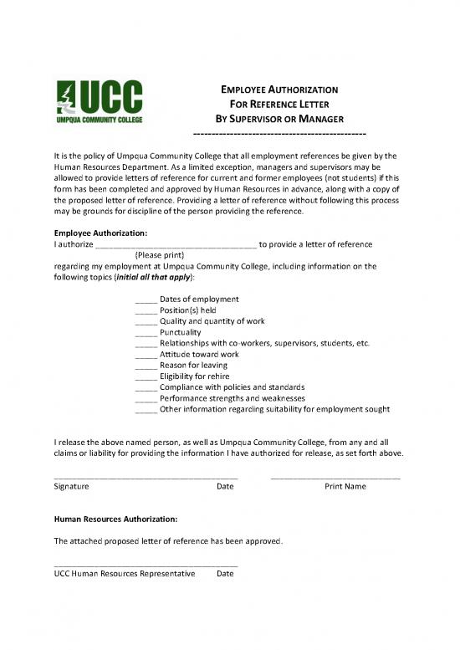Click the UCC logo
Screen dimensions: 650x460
[99, 102]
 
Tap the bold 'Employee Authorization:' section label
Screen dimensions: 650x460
[100, 233]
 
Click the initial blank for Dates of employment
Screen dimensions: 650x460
[145, 299]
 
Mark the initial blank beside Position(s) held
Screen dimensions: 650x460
[145, 310]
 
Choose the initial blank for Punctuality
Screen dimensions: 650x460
[145, 332]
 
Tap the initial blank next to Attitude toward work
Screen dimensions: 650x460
[145, 355]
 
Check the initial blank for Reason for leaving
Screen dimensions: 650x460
[145, 366]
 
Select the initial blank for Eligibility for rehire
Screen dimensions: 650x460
[145, 376]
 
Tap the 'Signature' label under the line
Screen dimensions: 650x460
[72, 486]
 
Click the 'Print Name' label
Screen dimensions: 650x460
[345, 486]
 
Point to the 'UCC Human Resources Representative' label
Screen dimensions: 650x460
[124, 574]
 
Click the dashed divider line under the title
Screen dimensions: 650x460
[279, 134]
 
